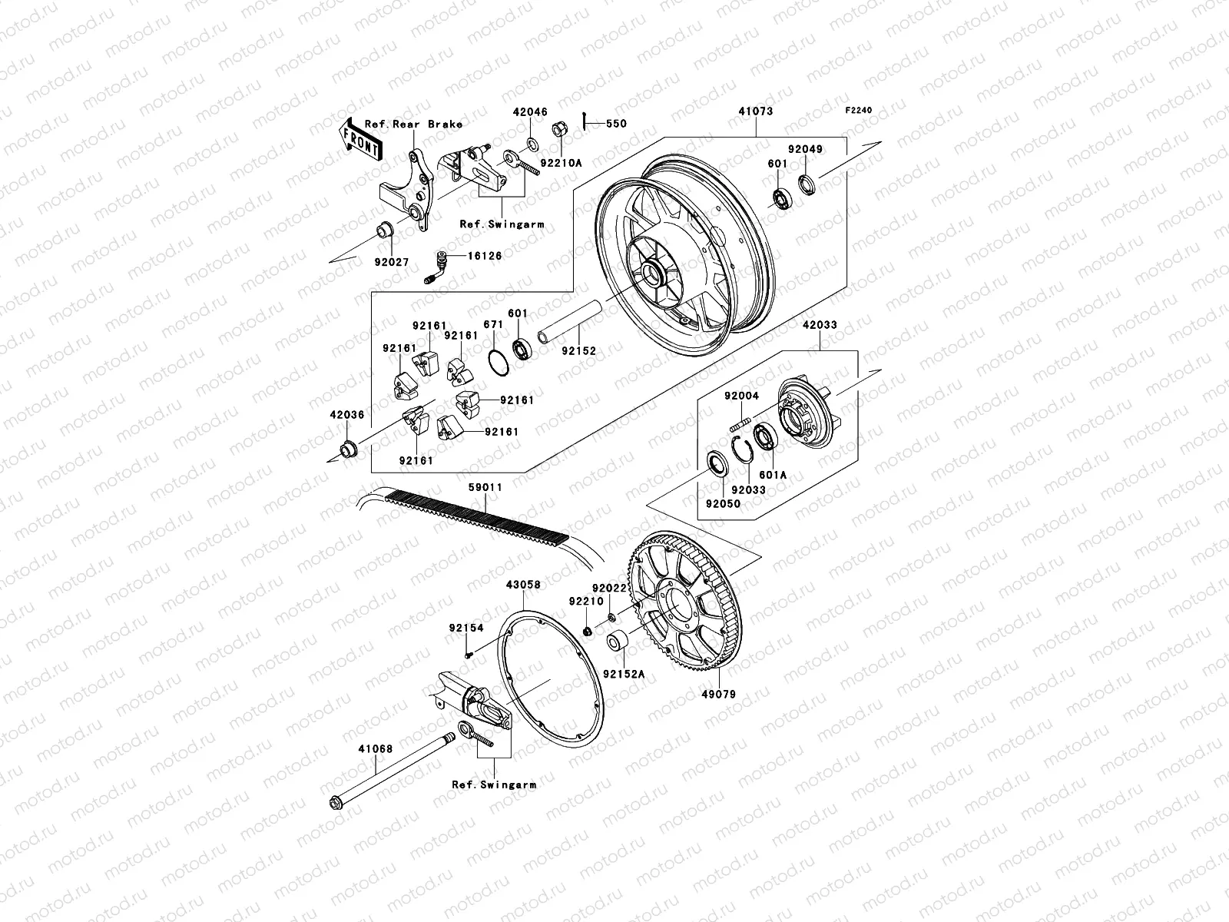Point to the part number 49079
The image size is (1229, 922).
(719, 695)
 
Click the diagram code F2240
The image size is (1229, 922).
(859, 111)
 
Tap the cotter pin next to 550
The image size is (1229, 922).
(585, 122)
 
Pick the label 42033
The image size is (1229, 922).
(820, 326)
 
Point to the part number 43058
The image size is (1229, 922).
(523, 585)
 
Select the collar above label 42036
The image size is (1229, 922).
(349, 446)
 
